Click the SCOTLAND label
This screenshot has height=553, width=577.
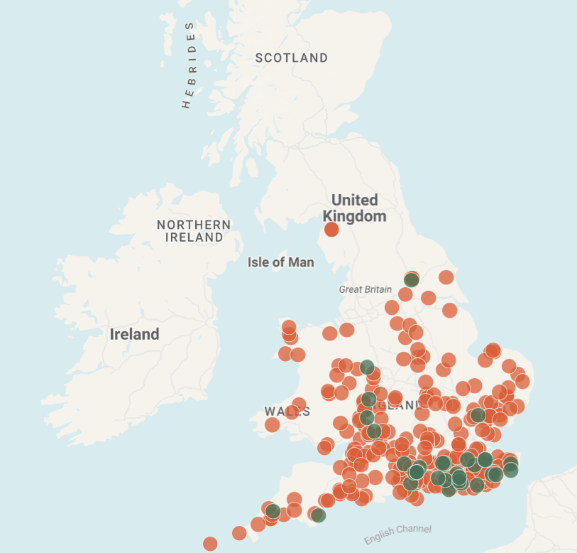292,58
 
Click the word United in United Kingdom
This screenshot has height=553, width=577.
354,200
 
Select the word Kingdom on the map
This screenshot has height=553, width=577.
354,216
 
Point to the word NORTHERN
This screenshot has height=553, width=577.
194,225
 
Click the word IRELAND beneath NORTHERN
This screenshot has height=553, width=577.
194,237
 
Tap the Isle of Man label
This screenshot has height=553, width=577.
280,262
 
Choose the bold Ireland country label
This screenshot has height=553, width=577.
134,334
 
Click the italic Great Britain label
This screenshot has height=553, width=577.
365,289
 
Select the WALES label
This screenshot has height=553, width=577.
287,411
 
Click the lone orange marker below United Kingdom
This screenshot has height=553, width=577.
331,229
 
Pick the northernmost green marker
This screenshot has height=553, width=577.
412,279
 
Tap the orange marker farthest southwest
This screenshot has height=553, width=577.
210,544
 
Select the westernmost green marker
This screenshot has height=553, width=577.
273,511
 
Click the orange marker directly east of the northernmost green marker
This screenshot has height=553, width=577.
446,277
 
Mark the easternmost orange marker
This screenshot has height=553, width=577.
522,381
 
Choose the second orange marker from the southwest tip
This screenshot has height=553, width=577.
239,532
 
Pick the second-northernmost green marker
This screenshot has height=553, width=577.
367,367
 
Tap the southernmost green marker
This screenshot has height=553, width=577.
318,515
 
